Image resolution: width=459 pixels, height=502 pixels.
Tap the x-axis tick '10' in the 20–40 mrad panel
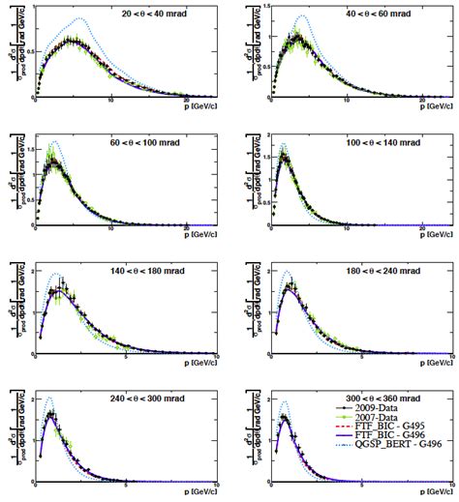pyautogui.click(x=112, y=101)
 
